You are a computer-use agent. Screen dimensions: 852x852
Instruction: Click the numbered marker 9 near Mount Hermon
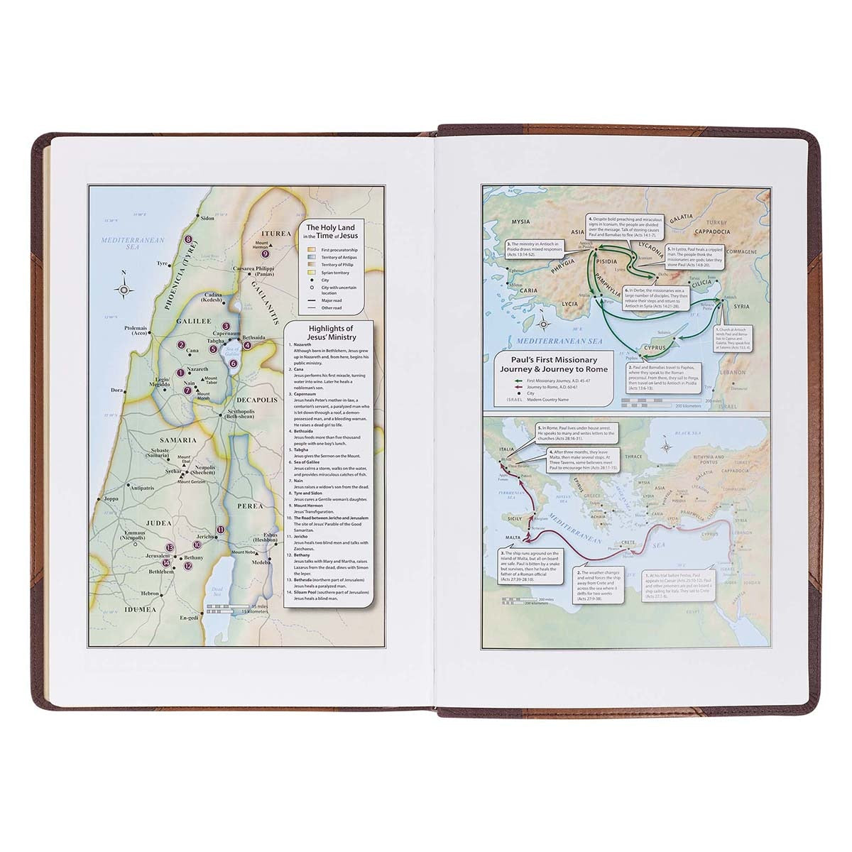(x=265, y=253)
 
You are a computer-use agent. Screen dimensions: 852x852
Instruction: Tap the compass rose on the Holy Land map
(x=124, y=289)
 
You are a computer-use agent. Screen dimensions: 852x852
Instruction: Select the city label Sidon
(x=207, y=219)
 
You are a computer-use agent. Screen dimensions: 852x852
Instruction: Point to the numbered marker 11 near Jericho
(x=221, y=530)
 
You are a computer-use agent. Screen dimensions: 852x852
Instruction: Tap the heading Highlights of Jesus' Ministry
(x=329, y=333)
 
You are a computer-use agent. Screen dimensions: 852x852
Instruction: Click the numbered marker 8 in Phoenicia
(x=188, y=240)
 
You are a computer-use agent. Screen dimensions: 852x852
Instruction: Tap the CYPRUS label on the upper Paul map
(x=654, y=348)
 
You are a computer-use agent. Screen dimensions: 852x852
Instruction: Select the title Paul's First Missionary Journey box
(x=550, y=365)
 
